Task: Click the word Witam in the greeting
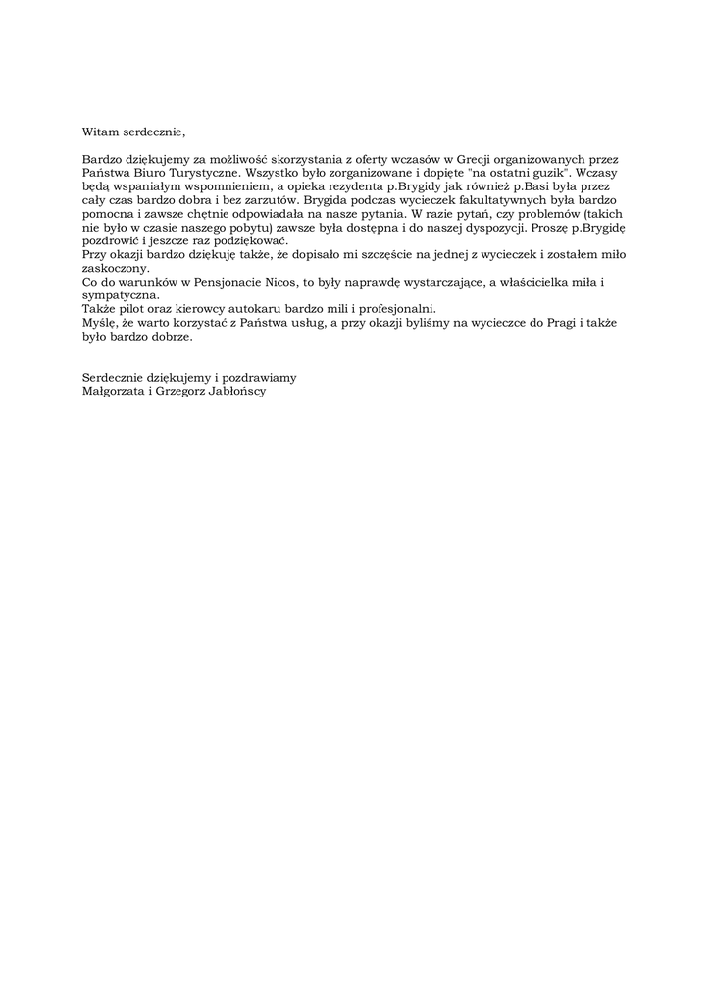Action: click(100, 131)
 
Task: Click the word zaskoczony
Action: click(116, 268)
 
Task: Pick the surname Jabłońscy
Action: click(235, 391)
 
